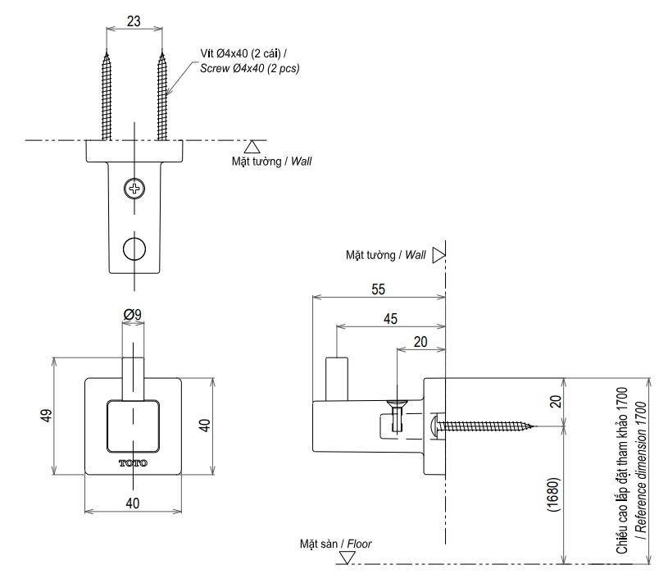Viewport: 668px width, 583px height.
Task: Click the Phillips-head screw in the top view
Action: click(x=134, y=189)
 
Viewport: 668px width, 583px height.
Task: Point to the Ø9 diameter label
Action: click(x=134, y=315)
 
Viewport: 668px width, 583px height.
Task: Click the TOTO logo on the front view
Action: click(x=134, y=463)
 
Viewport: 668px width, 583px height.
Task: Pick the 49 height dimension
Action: click(x=46, y=416)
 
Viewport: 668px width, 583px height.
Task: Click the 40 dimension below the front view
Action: click(x=134, y=502)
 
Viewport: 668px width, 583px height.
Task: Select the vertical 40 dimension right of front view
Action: click(x=205, y=425)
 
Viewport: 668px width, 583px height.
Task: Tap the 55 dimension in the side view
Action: click(x=379, y=289)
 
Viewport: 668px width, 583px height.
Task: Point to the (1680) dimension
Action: click(x=555, y=495)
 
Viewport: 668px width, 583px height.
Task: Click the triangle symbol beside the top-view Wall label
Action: click(x=253, y=147)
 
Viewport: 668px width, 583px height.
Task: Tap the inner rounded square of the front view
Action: click(x=134, y=426)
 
